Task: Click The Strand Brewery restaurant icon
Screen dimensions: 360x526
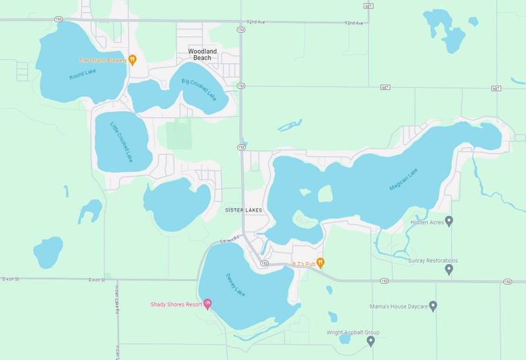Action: pos(132,60)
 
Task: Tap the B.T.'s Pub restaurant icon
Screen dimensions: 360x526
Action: pos(320,263)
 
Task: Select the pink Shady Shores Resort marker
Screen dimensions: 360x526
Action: pos(208,304)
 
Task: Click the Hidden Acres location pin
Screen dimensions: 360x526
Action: pos(449,221)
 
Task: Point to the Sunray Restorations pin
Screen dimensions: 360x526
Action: pos(449,269)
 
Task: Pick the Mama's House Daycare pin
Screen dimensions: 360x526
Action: pos(433,306)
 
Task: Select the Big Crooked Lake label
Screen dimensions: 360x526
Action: pos(198,89)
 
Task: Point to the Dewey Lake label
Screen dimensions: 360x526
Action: pos(235,284)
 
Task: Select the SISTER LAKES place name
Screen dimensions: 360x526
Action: pos(243,210)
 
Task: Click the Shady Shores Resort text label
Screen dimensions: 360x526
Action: pos(176,304)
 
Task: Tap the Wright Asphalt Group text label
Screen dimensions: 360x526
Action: pos(353,332)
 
